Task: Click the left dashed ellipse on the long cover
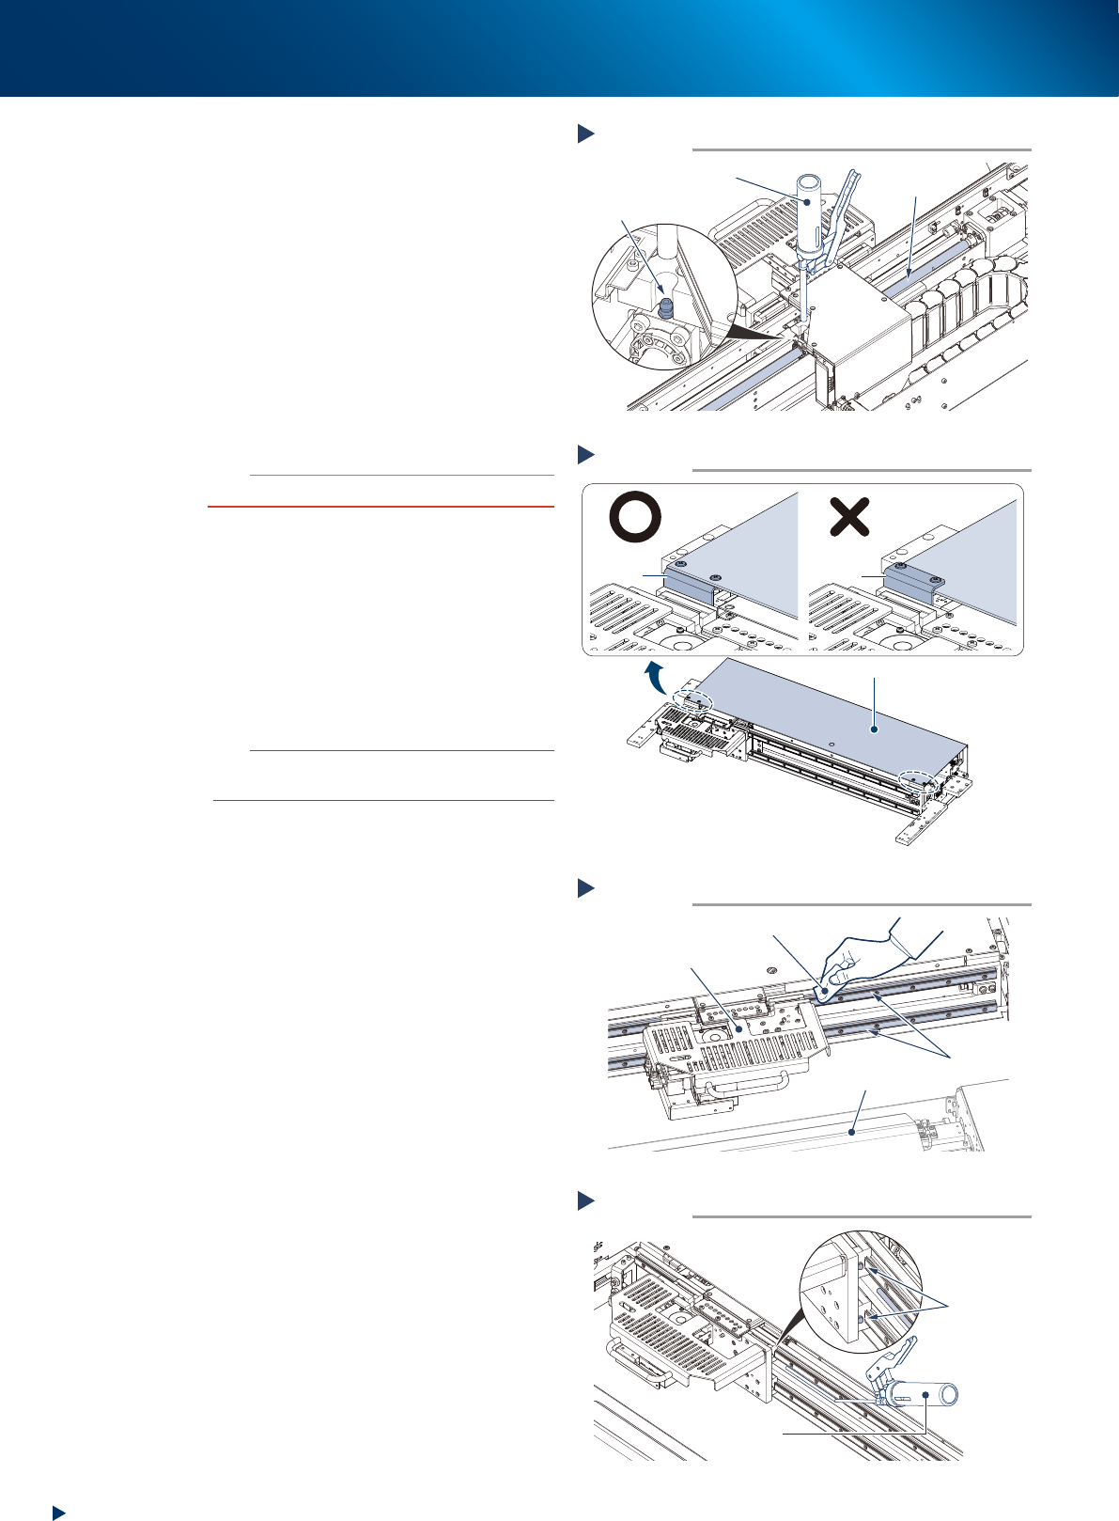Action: pyautogui.click(x=692, y=701)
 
